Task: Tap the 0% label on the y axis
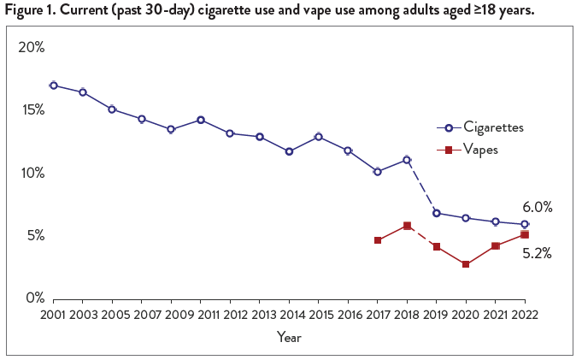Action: coord(34,298)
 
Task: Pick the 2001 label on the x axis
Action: coord(53,315)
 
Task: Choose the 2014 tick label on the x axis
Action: coord(289,315)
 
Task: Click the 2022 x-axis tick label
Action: coord(525,315)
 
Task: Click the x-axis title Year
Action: coord(289,337)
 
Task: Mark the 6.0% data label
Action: coord(538,207)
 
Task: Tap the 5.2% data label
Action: coord(538,253)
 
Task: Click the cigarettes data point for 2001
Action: coord(53,86)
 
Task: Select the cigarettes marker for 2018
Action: coord(407,160)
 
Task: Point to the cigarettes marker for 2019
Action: coord(437,213)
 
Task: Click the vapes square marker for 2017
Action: coord(378,240)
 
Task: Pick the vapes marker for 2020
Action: coord(466,264)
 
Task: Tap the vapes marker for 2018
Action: coord(407,226)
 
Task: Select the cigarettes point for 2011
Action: coord(201,120)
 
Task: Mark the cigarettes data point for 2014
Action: coord(289,151)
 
